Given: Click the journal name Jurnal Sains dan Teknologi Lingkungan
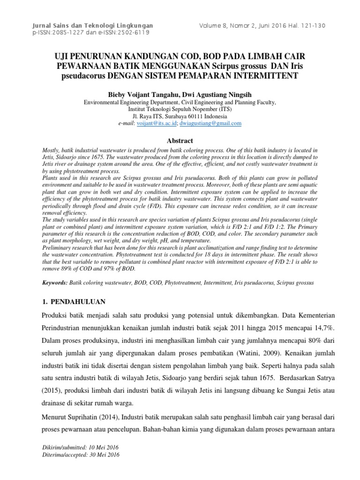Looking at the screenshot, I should [92, 25].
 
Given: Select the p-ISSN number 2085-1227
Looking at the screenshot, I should [71, 32].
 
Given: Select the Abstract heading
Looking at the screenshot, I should [180, 140].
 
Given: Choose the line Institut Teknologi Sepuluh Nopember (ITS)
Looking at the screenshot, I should [180, 109].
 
